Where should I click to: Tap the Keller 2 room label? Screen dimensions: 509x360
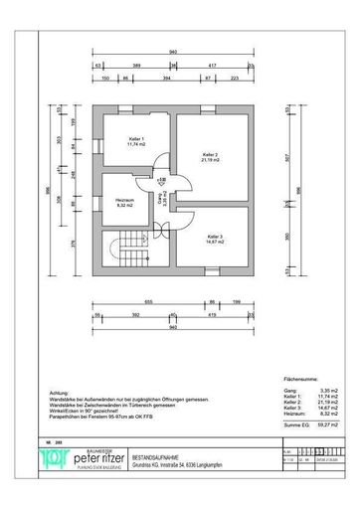click(x=210, y=156)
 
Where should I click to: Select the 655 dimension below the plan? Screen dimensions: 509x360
click(x=145, y=299)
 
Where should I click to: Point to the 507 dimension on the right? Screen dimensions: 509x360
click(x=284, y=156)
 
